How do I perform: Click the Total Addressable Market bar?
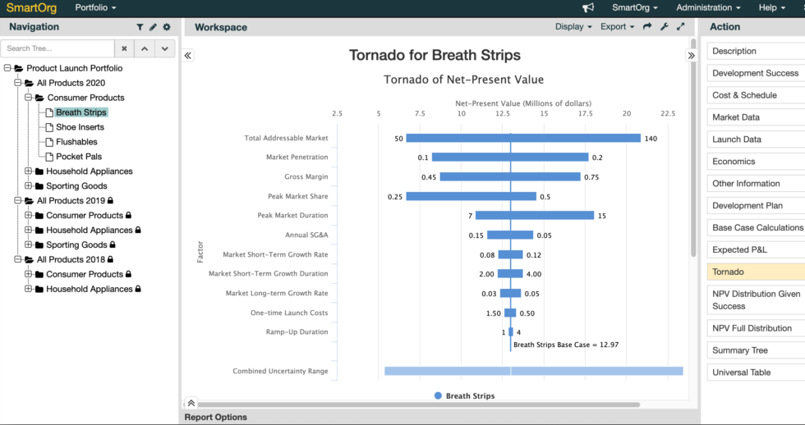(523, 138)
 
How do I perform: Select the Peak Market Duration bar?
(534, 215)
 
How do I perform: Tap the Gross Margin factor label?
(306, 176)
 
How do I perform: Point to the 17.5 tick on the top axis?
(585, 113)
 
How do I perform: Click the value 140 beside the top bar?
(651, 139)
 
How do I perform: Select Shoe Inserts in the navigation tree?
(80, 127)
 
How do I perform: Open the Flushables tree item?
(76, 142)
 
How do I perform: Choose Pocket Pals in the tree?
(79, 157)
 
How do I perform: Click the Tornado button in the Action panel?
(728, 272)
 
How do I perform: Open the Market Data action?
(735, 117)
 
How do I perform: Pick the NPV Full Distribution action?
(752, 328)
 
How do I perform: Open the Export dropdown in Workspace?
(617, 27)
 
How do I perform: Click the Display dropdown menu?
(573, 27)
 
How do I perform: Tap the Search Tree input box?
(57, 48)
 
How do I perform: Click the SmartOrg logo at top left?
(32, 8)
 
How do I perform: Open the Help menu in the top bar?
(771, 8)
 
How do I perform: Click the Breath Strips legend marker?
(438, 395)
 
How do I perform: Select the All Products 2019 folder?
(71, 201)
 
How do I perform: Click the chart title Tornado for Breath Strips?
(435, 56)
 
